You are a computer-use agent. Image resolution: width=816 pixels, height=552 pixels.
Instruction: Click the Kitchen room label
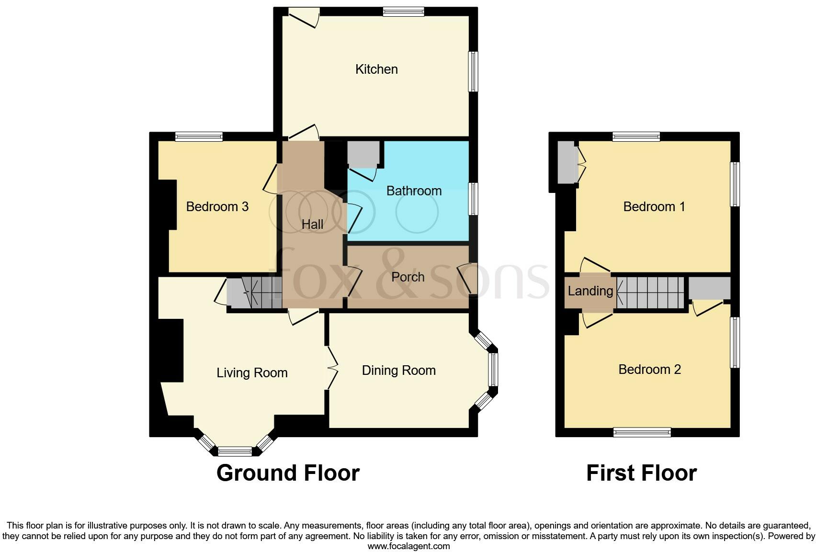(376, 69)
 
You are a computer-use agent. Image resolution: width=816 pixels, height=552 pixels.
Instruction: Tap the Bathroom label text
(414, 191)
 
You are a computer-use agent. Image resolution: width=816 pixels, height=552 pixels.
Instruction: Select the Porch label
(408, 277)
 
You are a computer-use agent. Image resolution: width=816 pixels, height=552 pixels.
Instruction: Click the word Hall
(312, 224)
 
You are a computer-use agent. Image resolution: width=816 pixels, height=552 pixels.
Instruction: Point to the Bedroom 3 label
(217, 207)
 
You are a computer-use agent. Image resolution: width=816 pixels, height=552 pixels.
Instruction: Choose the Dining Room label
(398, 371)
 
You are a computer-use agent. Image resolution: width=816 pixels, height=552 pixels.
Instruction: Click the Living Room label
(252, 373)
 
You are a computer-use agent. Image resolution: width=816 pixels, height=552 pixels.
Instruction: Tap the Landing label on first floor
(590, 291)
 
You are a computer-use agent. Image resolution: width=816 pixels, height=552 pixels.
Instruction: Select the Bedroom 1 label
(654, 207)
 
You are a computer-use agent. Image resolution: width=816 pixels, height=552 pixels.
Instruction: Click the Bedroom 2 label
(649, 370)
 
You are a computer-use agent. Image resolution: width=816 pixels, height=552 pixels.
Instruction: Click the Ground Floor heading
(288, 473)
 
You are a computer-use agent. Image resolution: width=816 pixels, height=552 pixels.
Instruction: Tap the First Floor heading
(641, 473)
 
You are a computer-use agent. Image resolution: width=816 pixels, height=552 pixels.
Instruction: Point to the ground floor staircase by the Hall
(254, 293)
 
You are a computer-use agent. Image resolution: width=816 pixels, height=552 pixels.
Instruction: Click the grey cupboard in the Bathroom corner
(363, 154)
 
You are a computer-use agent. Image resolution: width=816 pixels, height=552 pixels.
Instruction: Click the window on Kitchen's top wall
(403, 12)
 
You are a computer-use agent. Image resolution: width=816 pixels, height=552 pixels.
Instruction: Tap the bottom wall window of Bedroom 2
(642, 433)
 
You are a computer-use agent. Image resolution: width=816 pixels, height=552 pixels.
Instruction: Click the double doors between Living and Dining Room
(330, 368)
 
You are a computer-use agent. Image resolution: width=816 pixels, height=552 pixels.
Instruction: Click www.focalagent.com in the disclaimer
(408, 546)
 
